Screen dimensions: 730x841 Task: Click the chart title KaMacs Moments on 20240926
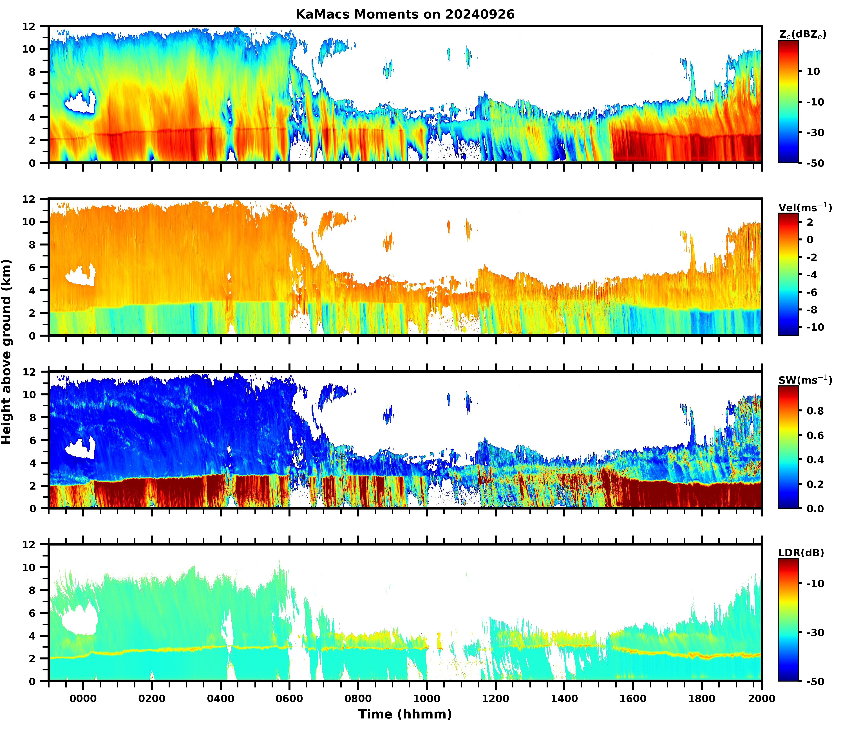[405, 14]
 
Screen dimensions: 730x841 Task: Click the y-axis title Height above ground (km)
[6, 351]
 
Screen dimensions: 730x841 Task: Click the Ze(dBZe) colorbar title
[802, 35]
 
